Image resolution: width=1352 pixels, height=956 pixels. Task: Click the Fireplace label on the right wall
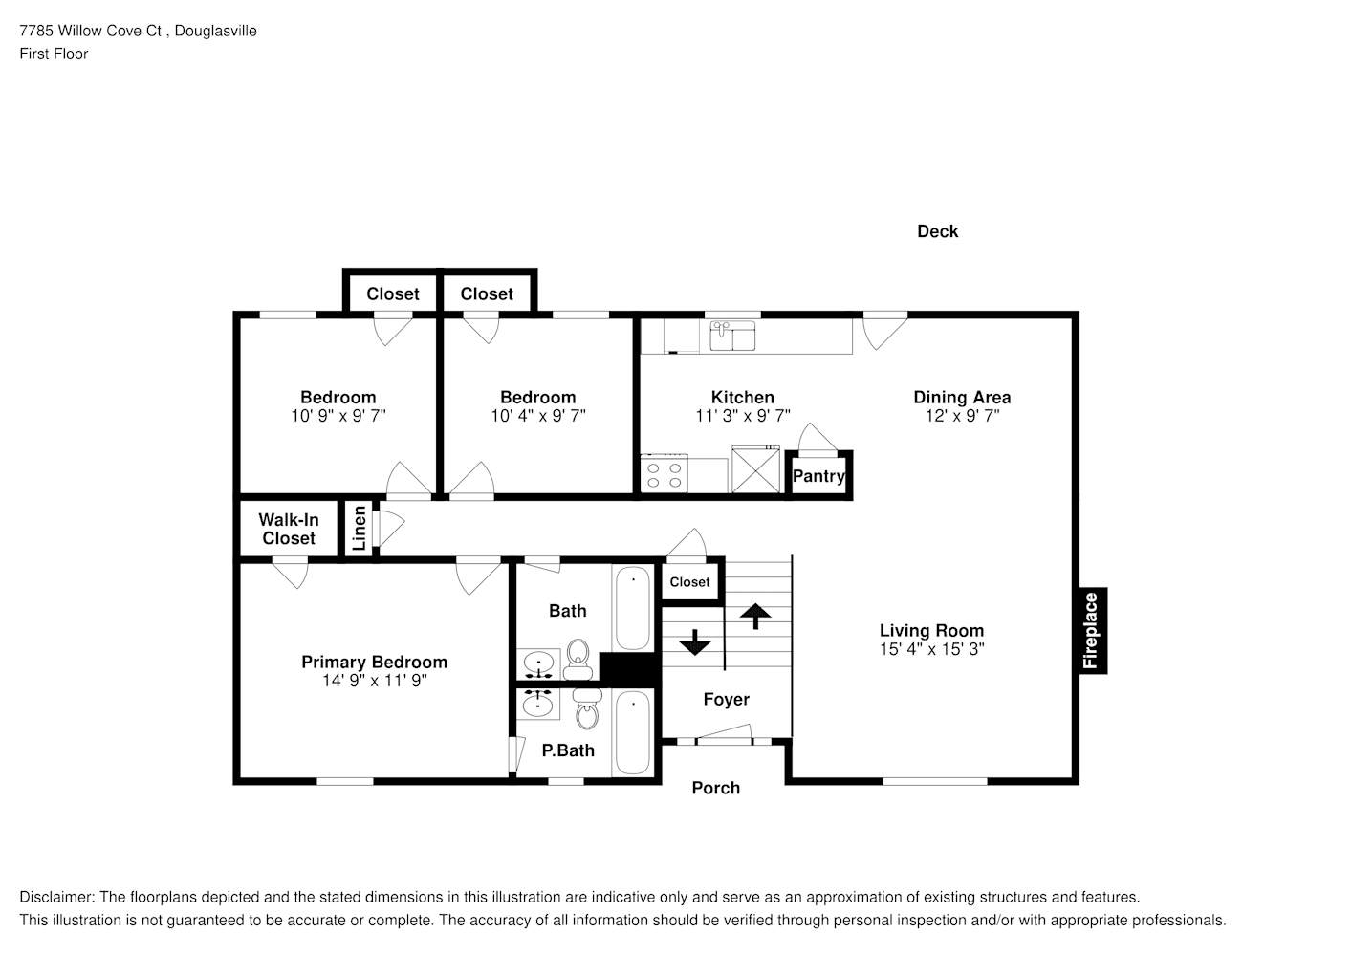[1090, 630]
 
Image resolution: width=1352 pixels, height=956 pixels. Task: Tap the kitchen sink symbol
[732, 336]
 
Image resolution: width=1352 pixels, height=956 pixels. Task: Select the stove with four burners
[664, 474]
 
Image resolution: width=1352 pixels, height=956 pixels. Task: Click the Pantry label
[818, 476]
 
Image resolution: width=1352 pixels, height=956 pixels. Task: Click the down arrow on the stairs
[695, 642]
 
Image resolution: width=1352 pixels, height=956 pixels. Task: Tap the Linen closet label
[360, 528]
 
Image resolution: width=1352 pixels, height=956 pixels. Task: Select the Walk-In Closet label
[289, 530]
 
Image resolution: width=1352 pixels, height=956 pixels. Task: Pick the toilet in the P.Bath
[587, 709]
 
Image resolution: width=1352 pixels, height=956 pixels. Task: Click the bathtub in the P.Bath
[633, 732]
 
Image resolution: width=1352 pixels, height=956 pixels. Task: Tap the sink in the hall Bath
[538, 664]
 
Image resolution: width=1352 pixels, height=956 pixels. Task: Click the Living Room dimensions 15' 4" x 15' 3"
[932, 649]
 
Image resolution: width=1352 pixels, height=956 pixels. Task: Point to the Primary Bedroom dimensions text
[374, 681]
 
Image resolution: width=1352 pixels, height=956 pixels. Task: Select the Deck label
[937, 231]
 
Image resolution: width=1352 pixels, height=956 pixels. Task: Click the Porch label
[716, 788]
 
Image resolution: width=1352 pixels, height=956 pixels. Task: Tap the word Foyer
[726, 699]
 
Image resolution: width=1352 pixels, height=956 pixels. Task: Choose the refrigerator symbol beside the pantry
[755, 469]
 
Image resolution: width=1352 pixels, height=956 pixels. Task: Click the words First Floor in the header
[54, 54]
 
